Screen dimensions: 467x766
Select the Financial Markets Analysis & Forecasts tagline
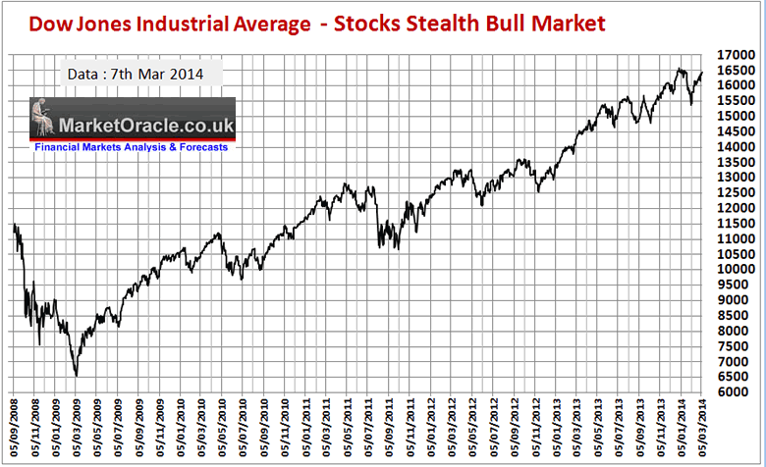pyautogui.click(x=131, y=147)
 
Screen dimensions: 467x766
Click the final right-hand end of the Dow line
pyautogui.click(x=701, y=73)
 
